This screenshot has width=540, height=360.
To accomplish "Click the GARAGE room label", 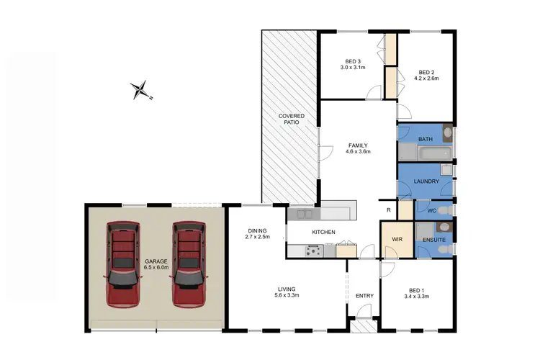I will (x=156, y=261).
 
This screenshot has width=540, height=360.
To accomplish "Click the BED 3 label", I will (x=353, y=60).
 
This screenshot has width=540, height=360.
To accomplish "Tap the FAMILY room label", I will (x=358, y=145).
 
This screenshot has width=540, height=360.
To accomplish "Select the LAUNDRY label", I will (x=426, y=181).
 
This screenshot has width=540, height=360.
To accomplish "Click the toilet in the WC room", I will (x=444, y=210).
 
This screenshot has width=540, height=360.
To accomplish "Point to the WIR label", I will (x=396, y=239).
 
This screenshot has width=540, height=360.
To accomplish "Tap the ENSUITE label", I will (x=434, y=239).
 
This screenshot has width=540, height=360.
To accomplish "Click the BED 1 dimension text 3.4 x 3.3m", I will (x=417, y=296).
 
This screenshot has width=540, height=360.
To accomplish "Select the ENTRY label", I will (x=364, y=296).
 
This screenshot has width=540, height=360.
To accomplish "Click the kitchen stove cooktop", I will (x=314, y=251).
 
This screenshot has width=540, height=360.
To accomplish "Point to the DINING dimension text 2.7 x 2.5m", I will (x=257, y=237).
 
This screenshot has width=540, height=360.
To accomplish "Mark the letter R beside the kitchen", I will (x=388, y=210).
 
